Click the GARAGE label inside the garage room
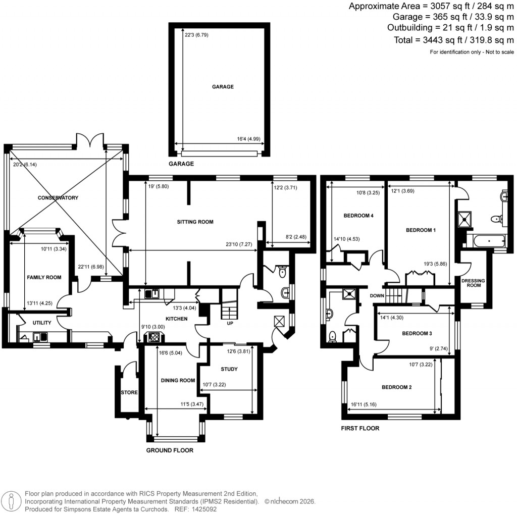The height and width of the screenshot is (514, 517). (x=223, y=87)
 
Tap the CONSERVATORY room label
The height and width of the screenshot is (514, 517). (x=58, y=198)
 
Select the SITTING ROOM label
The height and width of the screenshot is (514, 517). (x=195, y=222)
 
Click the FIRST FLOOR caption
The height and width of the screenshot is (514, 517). (x=360, y=428)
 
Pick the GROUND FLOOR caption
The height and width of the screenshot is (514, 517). (x=170, y=450)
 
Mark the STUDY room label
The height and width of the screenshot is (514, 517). (x=229, y=369)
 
